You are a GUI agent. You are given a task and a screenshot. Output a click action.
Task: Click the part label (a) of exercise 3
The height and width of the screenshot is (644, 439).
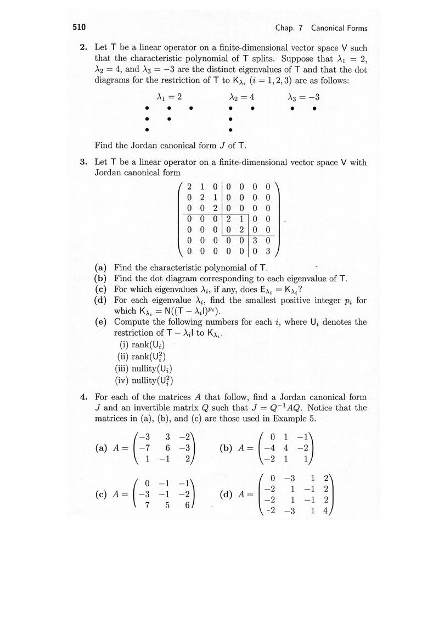[100, 269]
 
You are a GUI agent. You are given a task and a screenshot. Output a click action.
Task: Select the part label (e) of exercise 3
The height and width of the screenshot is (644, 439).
[100, 321]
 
